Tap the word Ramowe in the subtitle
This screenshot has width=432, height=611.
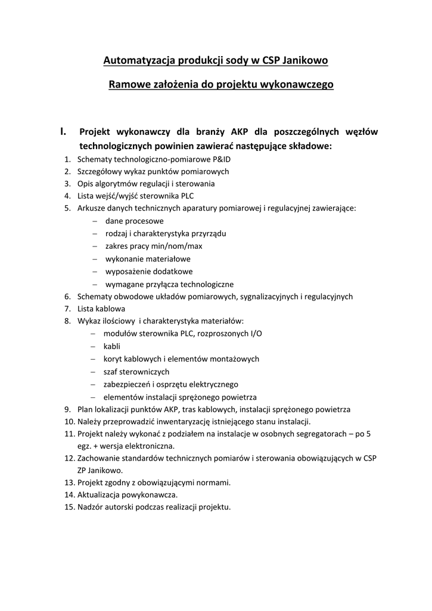(128, 85)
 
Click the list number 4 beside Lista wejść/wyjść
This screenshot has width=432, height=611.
(67, 196)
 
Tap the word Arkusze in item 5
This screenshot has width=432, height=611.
(92, 208)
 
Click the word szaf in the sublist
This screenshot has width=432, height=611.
(111, 372)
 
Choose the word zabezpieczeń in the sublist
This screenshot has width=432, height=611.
(128, 384)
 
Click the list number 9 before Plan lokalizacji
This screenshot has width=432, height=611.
(67, 409)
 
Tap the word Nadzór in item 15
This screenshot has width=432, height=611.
(91, 507)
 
